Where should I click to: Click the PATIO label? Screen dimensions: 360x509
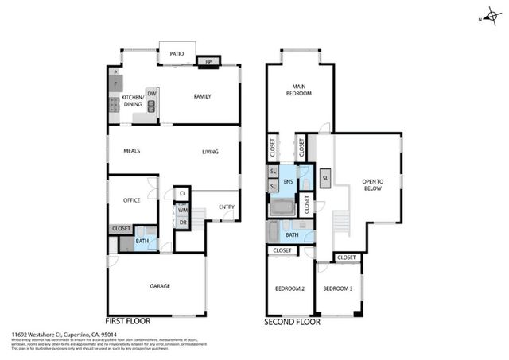(177, 54)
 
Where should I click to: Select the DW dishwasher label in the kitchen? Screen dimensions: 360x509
(151, 94)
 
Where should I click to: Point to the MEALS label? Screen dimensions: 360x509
(132, 151)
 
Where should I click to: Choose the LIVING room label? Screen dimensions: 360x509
(210, 152)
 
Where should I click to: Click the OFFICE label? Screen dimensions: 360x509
(131, 200)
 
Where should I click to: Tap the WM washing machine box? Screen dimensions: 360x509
(182, 211)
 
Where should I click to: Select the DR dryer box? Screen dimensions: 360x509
(182, 223)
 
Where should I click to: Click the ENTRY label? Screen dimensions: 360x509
(227, 207)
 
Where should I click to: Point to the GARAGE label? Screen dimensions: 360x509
(161, 285)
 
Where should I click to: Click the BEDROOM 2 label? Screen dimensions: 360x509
(289, 288)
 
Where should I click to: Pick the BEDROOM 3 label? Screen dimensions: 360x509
(339, 288)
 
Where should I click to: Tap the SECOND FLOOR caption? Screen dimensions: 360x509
(292, 323)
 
